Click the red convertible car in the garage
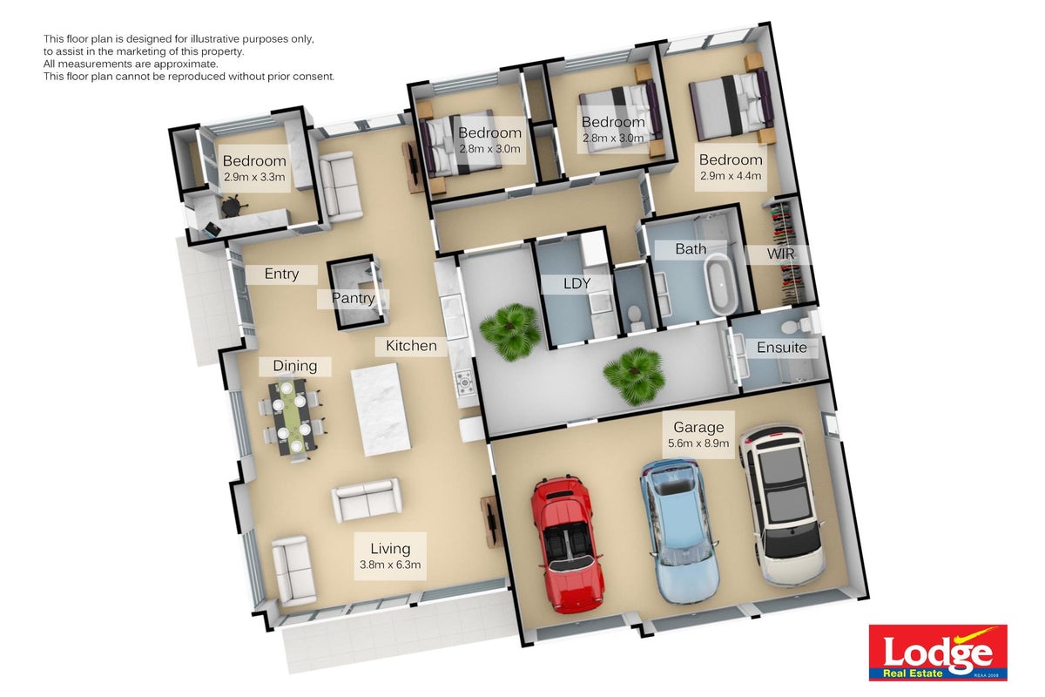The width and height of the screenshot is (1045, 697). click(567, 544)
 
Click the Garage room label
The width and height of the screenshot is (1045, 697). click(698, 427)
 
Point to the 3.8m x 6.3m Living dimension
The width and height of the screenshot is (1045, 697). click(390, 565)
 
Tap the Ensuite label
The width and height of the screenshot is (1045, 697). click(781, 348)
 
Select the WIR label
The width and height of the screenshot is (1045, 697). click(780, 254)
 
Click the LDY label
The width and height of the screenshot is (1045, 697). click(576, 283)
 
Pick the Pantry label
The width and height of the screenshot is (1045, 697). click(354, 298)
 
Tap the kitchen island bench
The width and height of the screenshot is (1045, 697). click(381, 409)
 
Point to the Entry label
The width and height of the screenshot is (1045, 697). click(281, 274)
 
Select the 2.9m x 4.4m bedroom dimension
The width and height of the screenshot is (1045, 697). click(731, 176)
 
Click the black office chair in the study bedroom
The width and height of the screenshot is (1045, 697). click(232, 206)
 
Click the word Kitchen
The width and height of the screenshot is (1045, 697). click(411, 346)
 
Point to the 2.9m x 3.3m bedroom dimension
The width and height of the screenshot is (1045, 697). click(254, 178)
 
